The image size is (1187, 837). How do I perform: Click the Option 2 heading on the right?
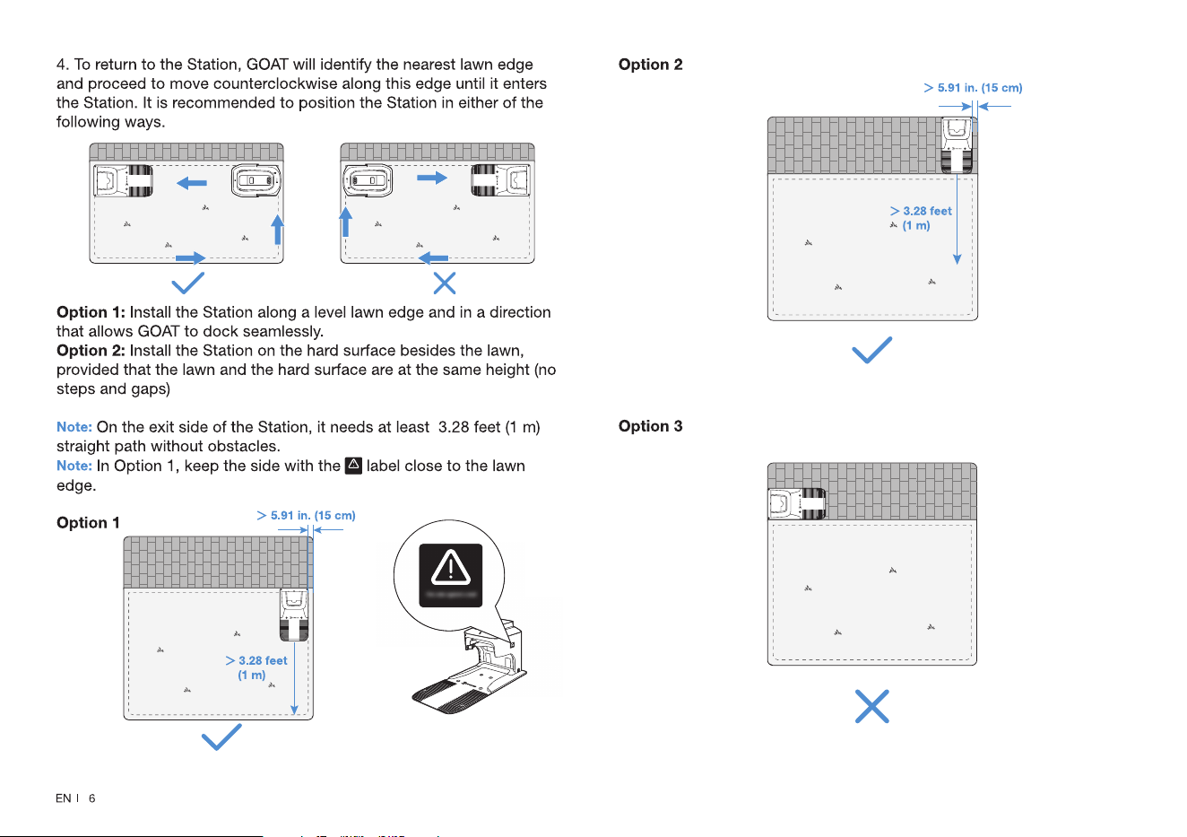650,65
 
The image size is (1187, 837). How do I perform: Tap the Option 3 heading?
650,426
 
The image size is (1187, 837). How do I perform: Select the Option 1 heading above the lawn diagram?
88,523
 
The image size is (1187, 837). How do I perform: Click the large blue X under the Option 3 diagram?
871,706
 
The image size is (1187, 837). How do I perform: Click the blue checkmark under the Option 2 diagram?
871,350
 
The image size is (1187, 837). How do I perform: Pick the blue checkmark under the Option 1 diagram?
221,737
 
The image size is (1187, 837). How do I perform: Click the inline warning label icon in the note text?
353,466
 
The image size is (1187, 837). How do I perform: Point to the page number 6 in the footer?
91,798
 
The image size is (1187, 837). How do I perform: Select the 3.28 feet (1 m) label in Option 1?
256,667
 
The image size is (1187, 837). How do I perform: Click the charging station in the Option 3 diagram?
797,503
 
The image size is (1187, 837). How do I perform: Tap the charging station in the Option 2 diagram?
957,145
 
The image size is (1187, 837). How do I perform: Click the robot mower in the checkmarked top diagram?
256,181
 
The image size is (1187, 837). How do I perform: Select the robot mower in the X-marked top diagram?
368,180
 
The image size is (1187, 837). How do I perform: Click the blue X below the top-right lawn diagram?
444,283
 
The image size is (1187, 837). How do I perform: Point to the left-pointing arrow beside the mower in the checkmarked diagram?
192,184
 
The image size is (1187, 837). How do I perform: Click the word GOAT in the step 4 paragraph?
267,65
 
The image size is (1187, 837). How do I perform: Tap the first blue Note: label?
74,427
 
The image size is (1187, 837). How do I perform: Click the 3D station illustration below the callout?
470,667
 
